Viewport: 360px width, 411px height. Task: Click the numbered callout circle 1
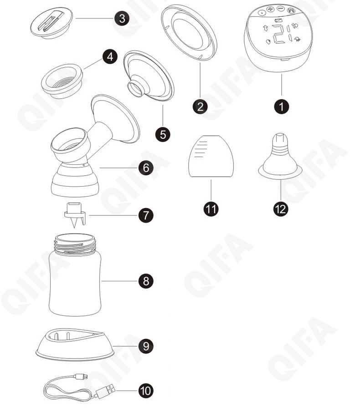pos(281,107)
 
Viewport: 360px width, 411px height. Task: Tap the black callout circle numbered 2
pos(200,107)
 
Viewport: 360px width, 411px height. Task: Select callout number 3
pos(122,19)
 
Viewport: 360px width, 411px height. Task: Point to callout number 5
pos(163,134)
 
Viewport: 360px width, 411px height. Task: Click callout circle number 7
pos(146,215)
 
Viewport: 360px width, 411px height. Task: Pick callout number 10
pos(146,391)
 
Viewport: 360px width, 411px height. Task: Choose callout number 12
pos(281,209)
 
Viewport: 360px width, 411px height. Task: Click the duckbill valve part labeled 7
pos(75,215)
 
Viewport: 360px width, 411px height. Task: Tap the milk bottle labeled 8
pos(75,275)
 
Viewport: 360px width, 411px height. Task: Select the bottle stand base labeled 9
pos(75,345)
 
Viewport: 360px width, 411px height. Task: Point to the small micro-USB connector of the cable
pos(82,377)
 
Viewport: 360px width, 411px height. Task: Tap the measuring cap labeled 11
pos(211,156)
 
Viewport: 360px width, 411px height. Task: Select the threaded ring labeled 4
pos(62,81)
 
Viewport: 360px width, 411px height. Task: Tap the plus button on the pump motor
pos(270,10)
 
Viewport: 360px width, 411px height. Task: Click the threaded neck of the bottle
pos(75,244)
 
